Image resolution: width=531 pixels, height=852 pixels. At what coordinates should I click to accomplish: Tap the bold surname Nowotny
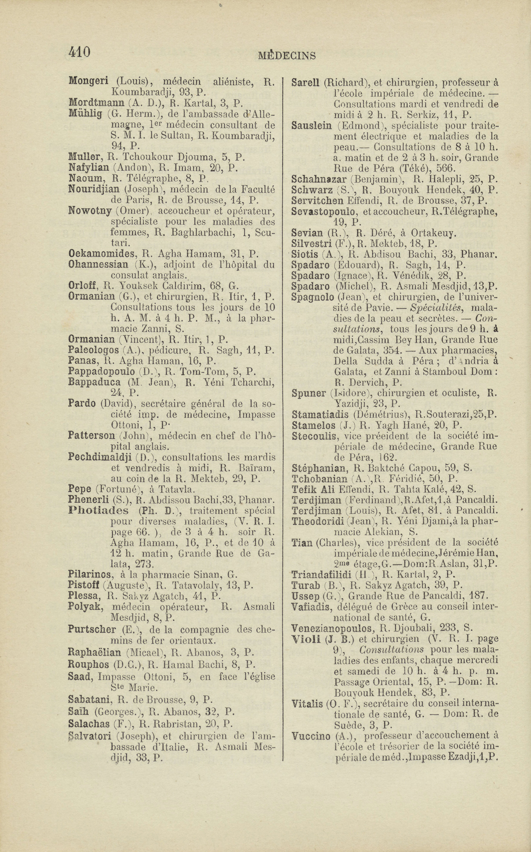click(x=90, y=211)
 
